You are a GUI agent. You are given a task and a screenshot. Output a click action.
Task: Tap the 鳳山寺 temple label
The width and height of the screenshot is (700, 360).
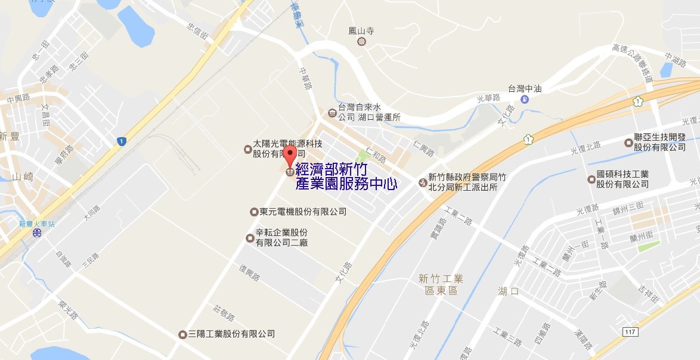coord(361,30)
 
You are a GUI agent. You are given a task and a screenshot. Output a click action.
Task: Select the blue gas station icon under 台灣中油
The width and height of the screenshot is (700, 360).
coord(524,99)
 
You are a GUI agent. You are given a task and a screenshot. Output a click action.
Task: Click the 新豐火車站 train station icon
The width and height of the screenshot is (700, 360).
coord(37,234)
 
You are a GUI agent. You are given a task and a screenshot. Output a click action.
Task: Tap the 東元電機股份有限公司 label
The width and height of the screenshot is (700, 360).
coord(302,212)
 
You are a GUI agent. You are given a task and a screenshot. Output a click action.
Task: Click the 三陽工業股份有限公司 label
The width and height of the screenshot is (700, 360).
coord(231,334)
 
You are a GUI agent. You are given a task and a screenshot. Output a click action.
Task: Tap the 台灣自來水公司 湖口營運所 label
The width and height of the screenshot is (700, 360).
coord(368,113)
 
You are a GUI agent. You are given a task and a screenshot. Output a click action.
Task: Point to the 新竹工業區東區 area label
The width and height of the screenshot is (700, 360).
coord(441,284)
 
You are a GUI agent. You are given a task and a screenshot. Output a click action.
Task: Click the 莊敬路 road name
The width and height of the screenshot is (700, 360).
coord(224,312)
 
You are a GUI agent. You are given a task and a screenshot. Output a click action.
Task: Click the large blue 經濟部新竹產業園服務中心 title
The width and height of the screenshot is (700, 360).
coord(346,177)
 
